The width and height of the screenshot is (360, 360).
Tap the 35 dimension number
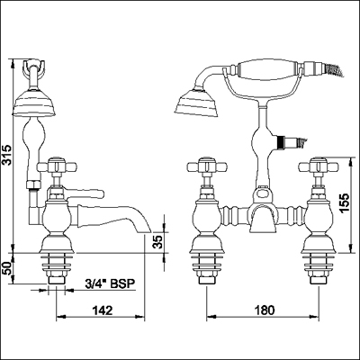click(158, 241)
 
